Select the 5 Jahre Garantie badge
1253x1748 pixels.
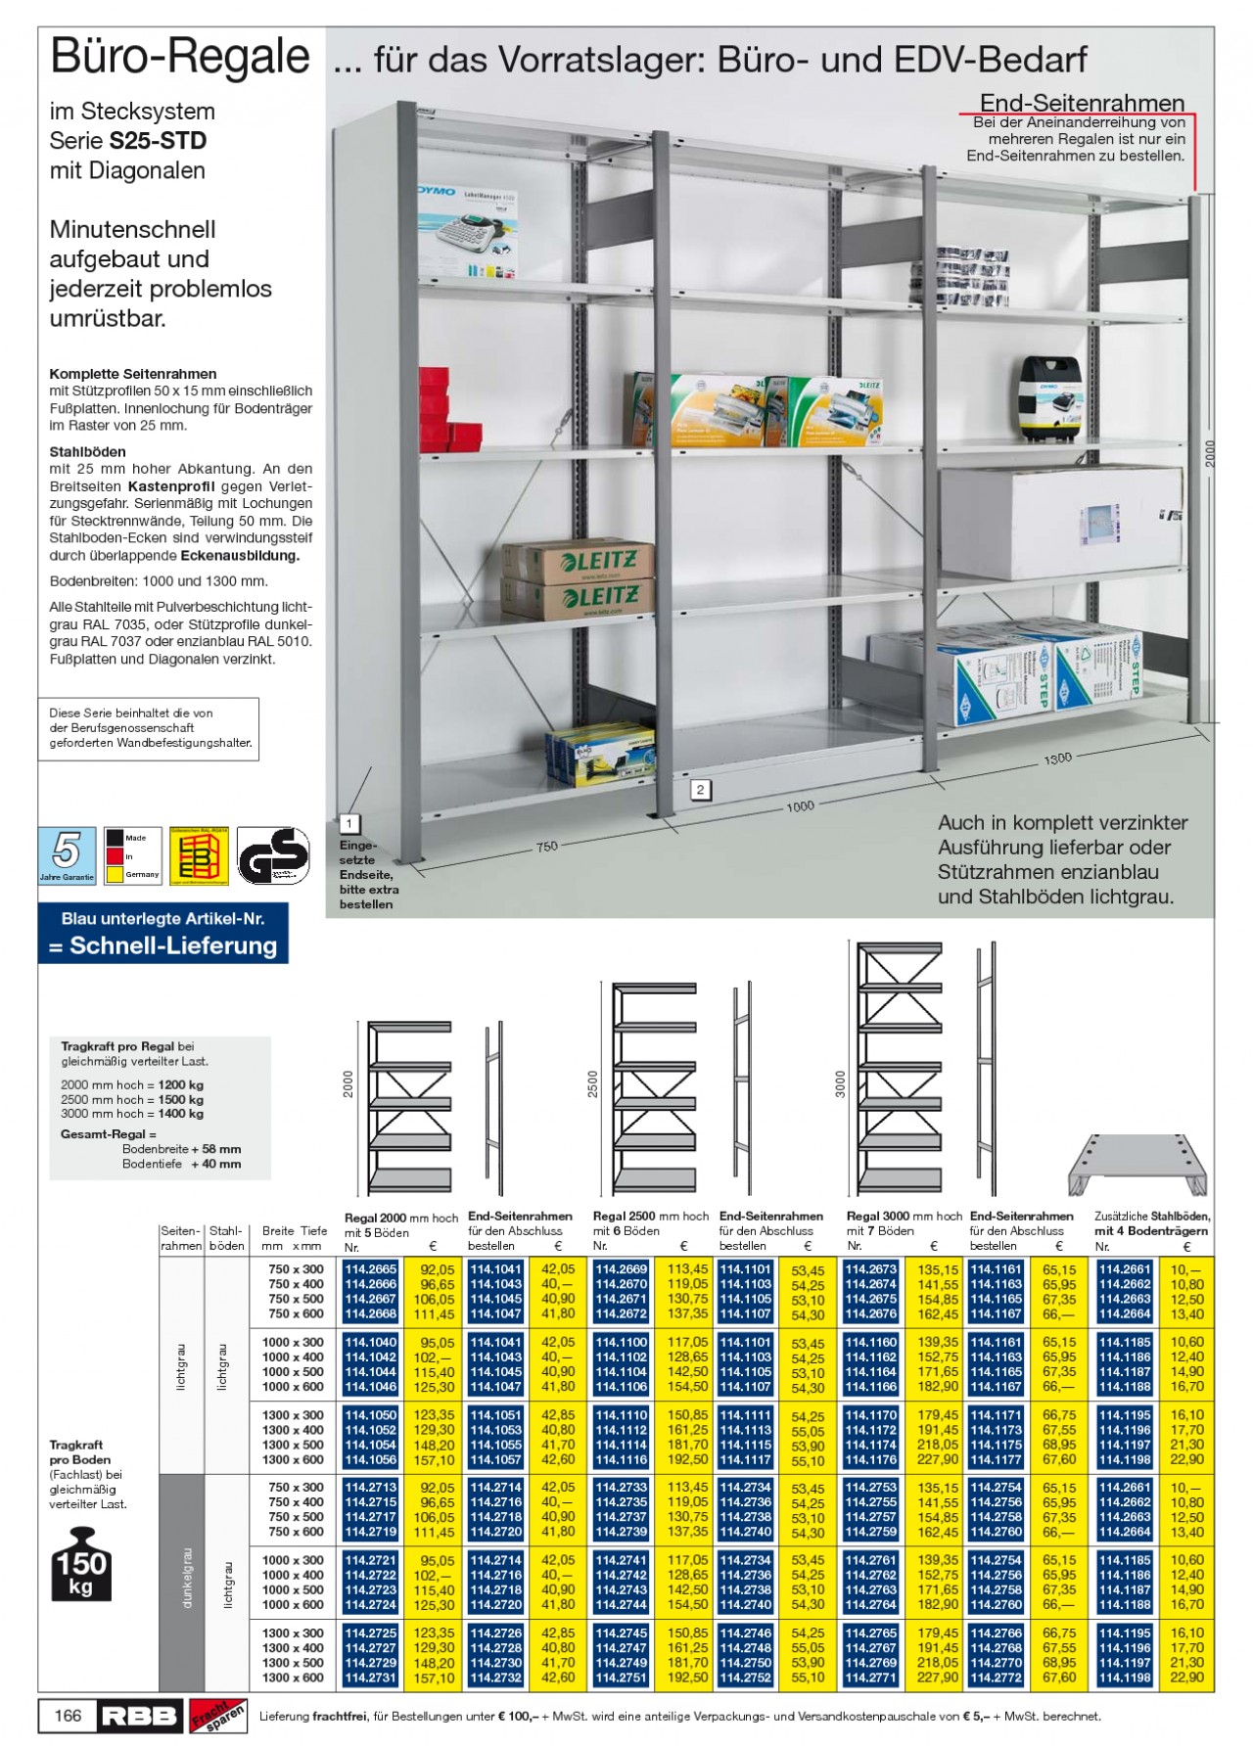coord(67,855)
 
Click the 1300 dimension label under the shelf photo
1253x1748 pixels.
coord(1057,758)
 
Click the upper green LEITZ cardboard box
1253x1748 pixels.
coord(578,560)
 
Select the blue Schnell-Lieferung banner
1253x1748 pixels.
coord(162,935)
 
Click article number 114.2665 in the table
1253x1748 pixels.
coord(370,1269)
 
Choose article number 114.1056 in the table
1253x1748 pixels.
coord(370,1459)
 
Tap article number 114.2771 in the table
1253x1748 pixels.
coord(870,1678)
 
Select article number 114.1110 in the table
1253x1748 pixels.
coord(621,1415)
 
